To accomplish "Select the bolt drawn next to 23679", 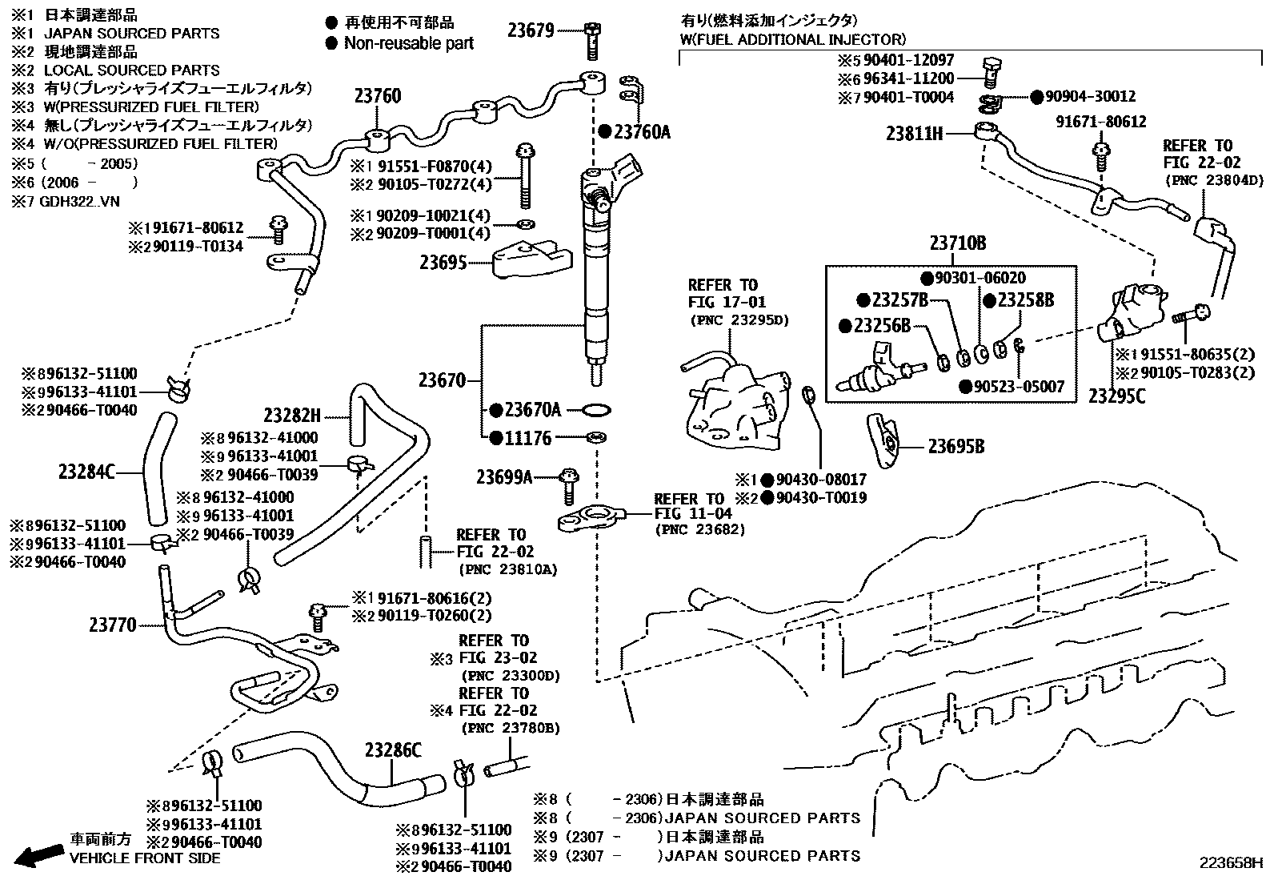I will [591, 40].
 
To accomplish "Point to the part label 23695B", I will [956, 447].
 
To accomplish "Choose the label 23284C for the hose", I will [86, 472].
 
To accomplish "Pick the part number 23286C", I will [392, 750].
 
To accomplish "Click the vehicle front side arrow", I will [40, 855].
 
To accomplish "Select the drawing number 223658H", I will [1229, 863].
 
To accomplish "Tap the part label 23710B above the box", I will [957, 243].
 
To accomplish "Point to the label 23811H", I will [914, 134].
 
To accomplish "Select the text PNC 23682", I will [699, 529].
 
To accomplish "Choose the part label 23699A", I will [504, 478].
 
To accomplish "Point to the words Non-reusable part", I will [408, 43].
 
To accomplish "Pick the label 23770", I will [112, 625].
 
